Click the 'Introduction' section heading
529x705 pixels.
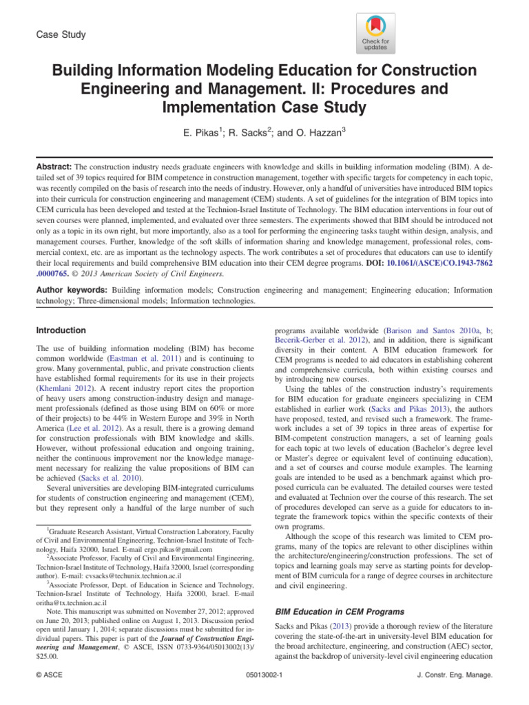coord(62,330)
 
